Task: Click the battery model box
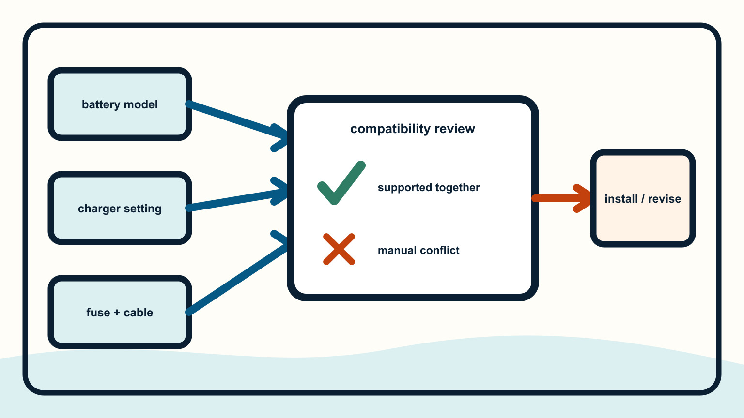pos(120,104)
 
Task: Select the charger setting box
pos(120,209)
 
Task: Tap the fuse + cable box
pos(120,312)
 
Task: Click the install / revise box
pos(643,198)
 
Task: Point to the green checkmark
pos(341,183)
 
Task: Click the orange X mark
pos(339,249)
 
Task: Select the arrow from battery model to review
pos(237,121)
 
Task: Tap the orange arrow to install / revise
pos(561,198)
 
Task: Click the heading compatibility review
pos(413,129)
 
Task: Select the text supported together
pos(429,187)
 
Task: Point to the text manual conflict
pos(418,250)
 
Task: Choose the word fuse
pos(98,313)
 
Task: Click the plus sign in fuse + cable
pos(117,313)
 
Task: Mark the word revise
pos(664,199)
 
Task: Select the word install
pos(621,199)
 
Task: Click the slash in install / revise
pos(643,199)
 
